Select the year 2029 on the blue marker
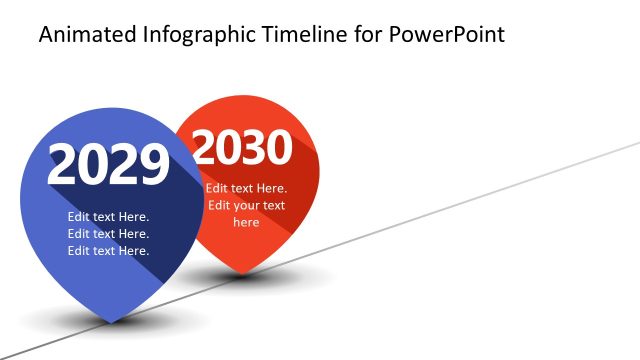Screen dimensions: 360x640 108,165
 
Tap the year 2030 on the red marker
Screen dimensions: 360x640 242,149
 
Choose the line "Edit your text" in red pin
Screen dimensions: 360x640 246,206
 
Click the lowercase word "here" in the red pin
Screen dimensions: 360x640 246,223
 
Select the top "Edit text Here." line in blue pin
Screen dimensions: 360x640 108,217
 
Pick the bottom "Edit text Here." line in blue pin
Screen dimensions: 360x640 108,251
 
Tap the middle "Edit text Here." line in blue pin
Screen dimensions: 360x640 108,234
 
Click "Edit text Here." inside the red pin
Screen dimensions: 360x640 246,188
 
